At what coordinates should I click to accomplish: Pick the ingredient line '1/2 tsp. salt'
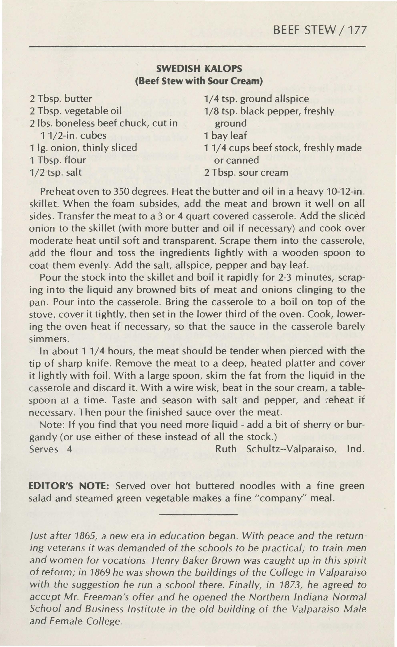[55, 173]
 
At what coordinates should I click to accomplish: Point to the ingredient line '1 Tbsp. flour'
[58, 160]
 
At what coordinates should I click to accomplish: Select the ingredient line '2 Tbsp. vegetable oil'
[76, 111]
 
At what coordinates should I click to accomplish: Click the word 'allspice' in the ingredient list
[292, 99]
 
